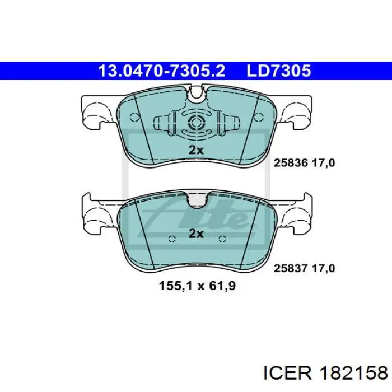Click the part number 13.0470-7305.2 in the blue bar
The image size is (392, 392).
tap(161, 71)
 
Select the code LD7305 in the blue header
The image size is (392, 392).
tap(279, 71)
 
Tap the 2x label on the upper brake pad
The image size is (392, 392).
tap(196, 150)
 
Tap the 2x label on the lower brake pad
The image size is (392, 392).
tap(196, 234)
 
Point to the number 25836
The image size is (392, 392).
tap(291, 163)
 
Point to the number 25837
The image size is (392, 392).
tap(291, 268)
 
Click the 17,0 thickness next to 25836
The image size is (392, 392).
tap(323, 164)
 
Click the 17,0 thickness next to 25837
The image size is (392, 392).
tap(323, 269)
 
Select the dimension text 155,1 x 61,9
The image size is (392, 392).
tap(197, 286)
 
